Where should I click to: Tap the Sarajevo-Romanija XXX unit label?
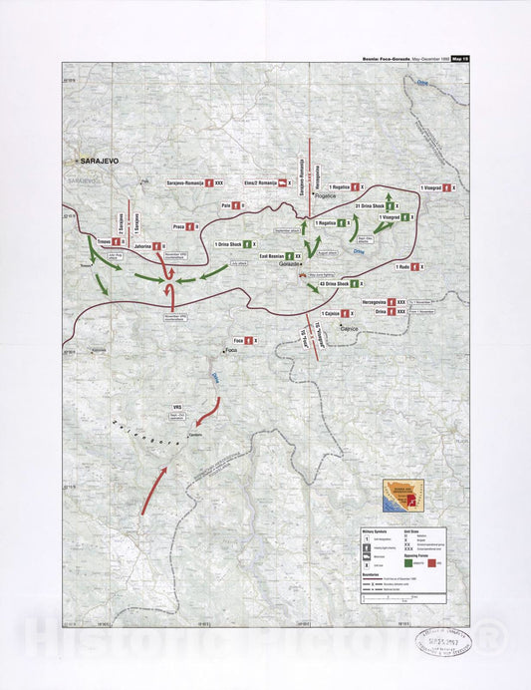[x=189, y=183]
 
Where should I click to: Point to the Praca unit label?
[x=180, y=226]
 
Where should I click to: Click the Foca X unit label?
[x=238, y=340]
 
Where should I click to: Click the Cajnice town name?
[x=348, y=327]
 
